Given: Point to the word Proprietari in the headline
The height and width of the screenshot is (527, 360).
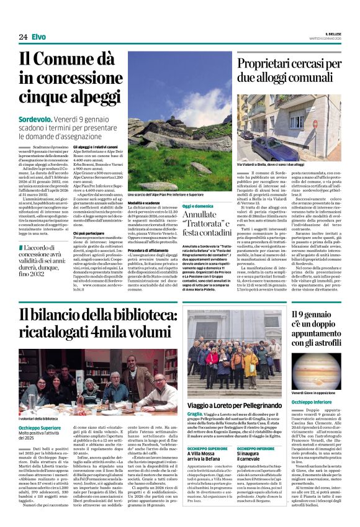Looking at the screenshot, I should click(273, 62).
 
